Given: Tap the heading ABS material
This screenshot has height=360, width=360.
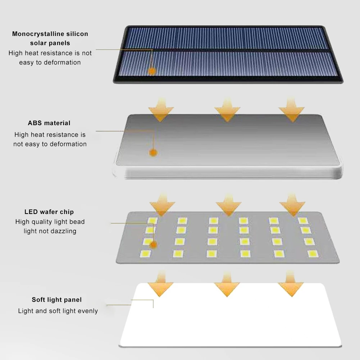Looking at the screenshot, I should click(49, 123).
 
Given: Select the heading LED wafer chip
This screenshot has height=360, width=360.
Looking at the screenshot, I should click(49, 212).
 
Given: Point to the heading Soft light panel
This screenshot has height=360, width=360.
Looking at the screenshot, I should click(57, 300).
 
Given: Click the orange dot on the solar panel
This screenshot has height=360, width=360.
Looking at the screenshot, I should click(152, 71).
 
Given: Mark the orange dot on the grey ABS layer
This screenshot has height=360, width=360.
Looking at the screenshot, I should click(154, 152).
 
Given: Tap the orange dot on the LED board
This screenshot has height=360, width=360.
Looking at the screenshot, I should click(154, 245).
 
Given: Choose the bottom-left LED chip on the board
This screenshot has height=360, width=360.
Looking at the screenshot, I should click(145, 254).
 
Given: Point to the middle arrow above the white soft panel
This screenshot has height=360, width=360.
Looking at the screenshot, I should click(227, 285).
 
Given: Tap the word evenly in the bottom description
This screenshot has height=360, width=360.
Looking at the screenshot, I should click(86, 311).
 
